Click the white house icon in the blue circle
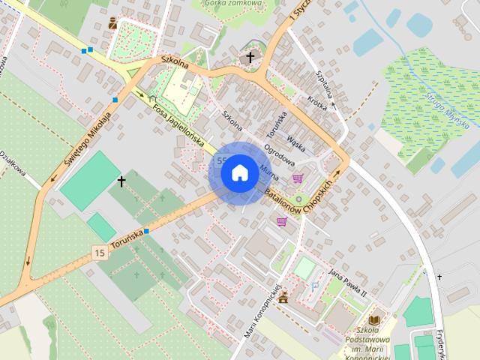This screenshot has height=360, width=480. pos(239,172)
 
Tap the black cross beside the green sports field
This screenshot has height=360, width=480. pos(121,181)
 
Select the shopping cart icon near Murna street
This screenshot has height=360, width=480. pos(298,178)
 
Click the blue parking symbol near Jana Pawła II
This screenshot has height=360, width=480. pos(314,286)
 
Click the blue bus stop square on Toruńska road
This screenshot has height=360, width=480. pos(147,231)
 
